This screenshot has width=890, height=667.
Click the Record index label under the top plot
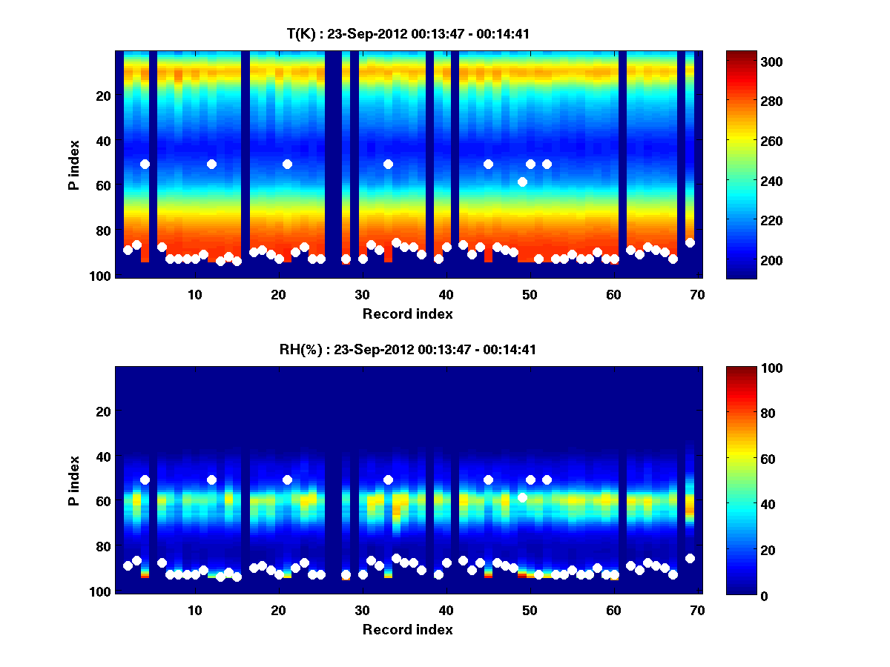[407, 313]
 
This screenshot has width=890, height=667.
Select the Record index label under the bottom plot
[407, 629]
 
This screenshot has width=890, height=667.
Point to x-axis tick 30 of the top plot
[362, 293]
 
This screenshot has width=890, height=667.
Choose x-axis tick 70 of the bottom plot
[697, 609]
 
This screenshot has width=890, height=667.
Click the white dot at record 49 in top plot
[522, 182]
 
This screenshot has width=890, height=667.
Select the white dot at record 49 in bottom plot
[522, 497]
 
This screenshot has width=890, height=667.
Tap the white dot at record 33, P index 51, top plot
[388, 164]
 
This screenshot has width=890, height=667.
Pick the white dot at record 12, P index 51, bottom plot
[211, 479]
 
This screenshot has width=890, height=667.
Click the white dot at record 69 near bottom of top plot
[690, 242]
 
